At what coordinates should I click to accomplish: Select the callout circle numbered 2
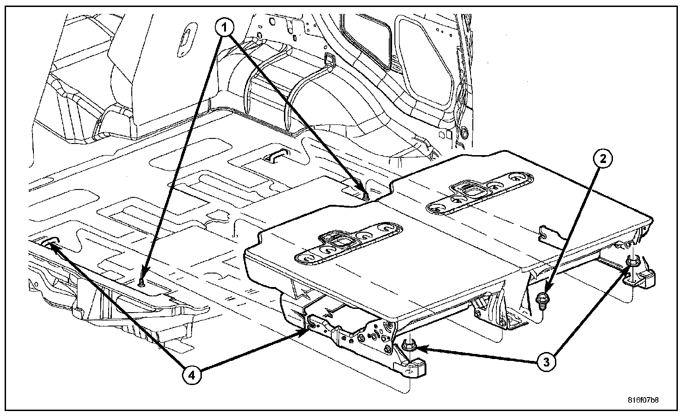click(602, 159)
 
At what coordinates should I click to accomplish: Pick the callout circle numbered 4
click(194, 374)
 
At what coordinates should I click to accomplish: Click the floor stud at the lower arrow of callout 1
click(141, 282)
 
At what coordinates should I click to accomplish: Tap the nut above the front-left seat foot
click(409, 346)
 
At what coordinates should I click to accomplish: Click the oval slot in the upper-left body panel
click(186, 39)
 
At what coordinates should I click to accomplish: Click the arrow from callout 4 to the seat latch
click(251, 349)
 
